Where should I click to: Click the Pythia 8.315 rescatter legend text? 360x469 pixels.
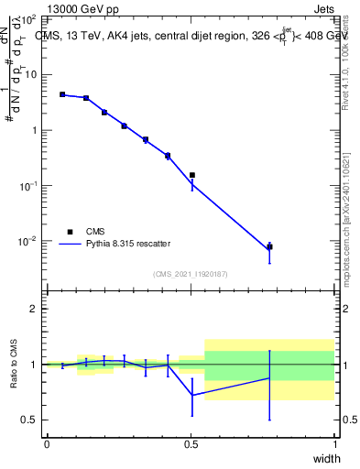point(129,244)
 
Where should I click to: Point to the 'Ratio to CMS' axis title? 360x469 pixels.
point(16,365)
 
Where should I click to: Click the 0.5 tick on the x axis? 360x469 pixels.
point(191,444)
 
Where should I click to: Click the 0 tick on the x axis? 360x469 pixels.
point(47,444)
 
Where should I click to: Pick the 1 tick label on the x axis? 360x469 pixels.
point(334,444)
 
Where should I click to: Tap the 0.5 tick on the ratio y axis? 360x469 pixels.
point(29,420)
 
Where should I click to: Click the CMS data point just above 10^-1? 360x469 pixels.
point(191,175)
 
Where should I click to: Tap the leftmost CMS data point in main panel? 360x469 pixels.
point(62,94)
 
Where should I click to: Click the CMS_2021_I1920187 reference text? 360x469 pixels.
point(191,274)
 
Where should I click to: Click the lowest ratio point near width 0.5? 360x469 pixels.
point(191,395)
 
